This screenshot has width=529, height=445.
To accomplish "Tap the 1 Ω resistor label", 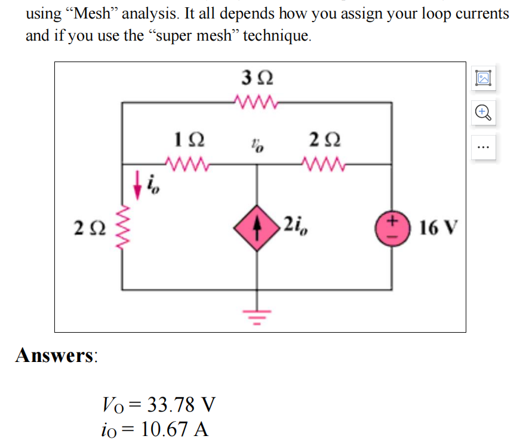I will click(x=189, y=140).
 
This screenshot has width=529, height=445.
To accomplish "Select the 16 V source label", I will click(x=439, y=228).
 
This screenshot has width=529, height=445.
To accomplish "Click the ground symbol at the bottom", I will click(x=258, y=315).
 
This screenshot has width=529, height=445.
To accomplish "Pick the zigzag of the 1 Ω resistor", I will click(x=189, y=162).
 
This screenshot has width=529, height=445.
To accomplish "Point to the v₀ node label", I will click(x=257, y=145).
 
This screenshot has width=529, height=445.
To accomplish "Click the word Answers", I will click(x=57, y=355).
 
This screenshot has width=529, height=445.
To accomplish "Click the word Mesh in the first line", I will click(x=93, y=14).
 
